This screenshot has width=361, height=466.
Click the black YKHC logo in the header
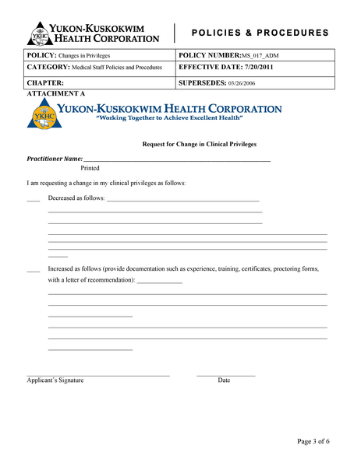pyautogui.click(x=41, y=33)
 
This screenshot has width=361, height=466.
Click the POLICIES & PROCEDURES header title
pyautogui.click(x=259, y=33)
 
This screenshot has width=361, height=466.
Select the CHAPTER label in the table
pyautogui.click(x=45, y=82)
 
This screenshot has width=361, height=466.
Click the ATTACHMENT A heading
pyautogui.click(x=55, y=93)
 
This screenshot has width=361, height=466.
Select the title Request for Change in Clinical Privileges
pyautogui.click(x=199, y=144)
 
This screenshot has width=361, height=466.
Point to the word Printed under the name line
pyautogui.click(x=90, y=167)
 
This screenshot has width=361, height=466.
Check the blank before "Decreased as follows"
pyautogui.click(x=33, y=198)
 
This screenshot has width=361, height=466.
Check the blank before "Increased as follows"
pyautogui.click(x=33, y=269)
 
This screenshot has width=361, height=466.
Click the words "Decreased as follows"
pyautogui.click(x=76, y=198)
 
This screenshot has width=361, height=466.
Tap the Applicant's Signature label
pyautogui.click(x=55, y=380)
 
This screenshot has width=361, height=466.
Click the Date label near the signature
pyautogui.click(x=224, y=380)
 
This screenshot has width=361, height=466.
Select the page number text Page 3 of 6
pyautogui.click(x=313, y=441)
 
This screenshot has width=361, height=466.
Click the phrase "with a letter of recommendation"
pyautogui.click(x=90, y=280)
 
